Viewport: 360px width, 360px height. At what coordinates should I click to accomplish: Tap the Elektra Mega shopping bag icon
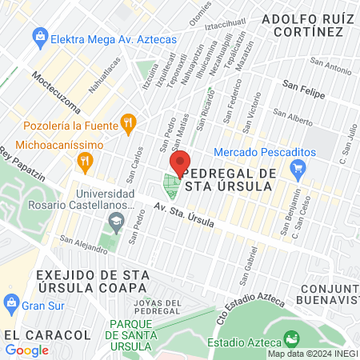38,35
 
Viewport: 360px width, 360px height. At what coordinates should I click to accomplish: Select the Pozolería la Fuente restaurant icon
126,123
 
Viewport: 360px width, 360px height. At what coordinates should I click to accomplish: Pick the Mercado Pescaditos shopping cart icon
299,168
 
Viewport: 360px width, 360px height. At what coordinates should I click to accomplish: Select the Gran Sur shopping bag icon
10,304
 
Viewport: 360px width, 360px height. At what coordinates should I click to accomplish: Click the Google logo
26,350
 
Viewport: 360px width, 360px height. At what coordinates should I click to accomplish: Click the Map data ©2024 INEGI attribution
313,354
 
